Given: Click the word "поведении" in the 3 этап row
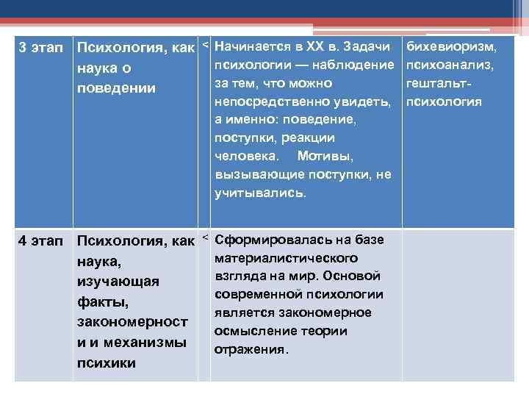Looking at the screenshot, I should click(116, 88).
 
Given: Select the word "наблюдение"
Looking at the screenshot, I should click(356, 65).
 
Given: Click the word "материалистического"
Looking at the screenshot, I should click(287, 259).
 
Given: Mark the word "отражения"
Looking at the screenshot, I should click(250, 350).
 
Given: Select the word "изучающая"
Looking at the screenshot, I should click(117, 282).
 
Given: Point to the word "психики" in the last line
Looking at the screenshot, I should click(105, 363).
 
